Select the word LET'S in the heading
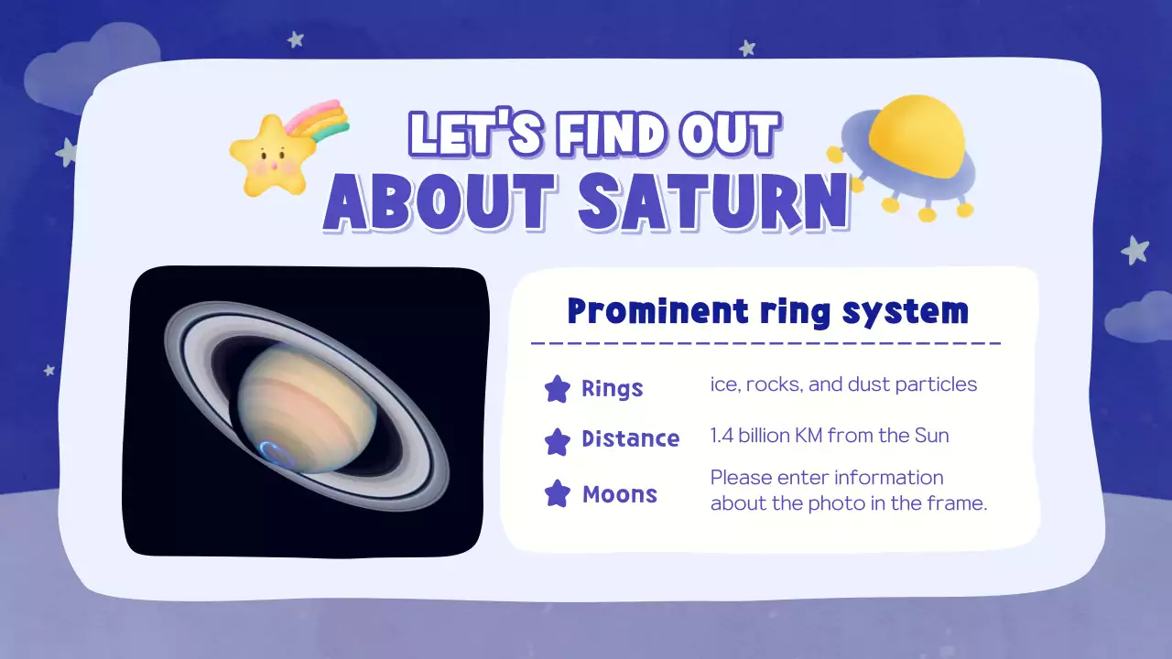pos(468,134)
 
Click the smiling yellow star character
pos(267,155)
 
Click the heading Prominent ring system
pos(767,311)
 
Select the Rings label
pos(612,389)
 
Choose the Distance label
pos(630,439)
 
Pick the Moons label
pos(619,495)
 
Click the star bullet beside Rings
pos(557,389)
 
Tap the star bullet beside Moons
pos(557,495)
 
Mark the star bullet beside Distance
pos(557,440)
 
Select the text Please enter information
pos(826,478)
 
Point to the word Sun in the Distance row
pos(931,436)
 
